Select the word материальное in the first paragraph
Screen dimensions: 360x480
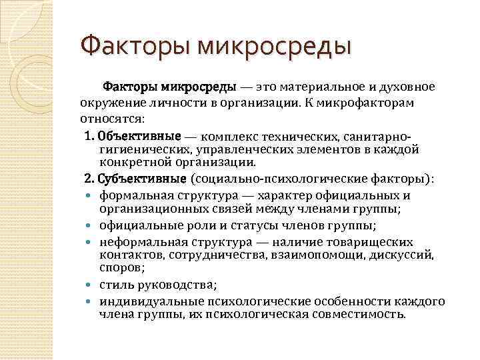tap(312, 87)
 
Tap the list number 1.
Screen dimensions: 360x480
tap(89, 135)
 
